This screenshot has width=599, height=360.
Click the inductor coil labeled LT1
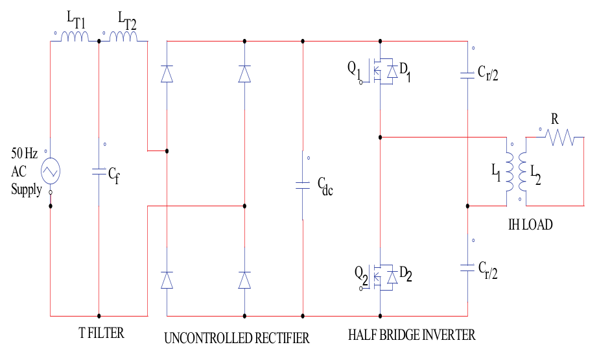tap(75, 37)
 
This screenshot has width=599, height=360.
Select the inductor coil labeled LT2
tap(123, 37)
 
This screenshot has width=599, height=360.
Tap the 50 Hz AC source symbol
tap(50, 172)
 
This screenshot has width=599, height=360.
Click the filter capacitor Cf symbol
tap(99, 172)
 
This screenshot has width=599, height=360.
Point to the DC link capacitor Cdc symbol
tap(303, 185)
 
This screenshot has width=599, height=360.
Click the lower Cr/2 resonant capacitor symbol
tap(467, 267)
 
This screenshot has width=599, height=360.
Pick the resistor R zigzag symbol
tap(559, 138)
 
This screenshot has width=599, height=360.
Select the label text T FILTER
tap(101, 334)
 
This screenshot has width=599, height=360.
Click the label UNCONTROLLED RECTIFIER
tap(237, 338)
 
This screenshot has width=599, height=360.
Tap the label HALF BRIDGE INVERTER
tap(412, 335)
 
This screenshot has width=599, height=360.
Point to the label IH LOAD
tap(530, 224)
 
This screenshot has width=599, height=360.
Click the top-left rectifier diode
tap(167, 74)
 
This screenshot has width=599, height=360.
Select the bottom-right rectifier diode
tap(244, 280)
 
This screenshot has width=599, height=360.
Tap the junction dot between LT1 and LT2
tap(99, 42)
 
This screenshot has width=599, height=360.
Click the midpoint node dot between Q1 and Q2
tap(381, 138)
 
